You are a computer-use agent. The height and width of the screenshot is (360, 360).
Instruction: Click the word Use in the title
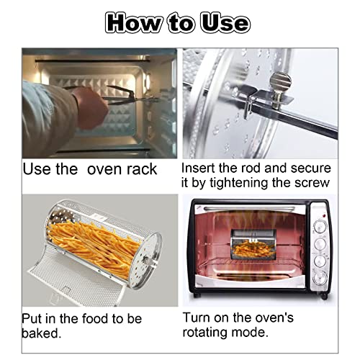coord(225,23)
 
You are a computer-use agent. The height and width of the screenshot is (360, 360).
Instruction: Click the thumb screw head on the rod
coord(281,81)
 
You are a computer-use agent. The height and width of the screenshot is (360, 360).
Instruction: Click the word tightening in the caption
coord(239,183)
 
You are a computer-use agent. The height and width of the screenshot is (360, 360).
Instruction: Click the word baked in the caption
coord(41,333)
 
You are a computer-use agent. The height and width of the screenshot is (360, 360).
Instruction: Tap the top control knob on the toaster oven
coord(320,228)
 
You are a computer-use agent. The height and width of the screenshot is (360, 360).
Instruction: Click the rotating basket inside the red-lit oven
coord(253,245)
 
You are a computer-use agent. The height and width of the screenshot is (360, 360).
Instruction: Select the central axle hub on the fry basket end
coord(145,259)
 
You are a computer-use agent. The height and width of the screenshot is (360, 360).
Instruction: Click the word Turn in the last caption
coord(197,318)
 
